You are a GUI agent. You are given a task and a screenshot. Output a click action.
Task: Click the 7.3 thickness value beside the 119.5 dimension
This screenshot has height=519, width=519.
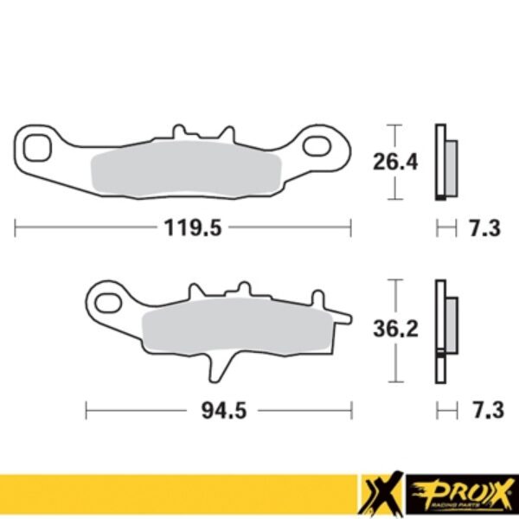pos(484,228)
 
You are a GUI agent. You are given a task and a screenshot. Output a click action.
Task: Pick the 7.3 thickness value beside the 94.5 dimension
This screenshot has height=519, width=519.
pos(484,410)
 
